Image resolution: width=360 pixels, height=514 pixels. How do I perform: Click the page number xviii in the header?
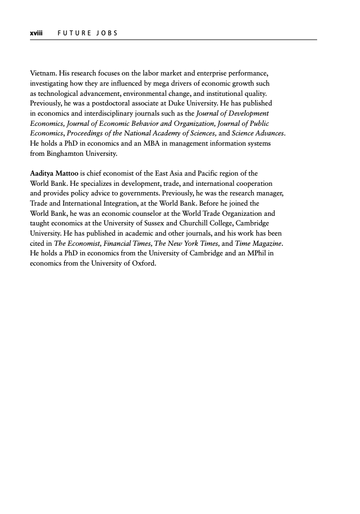[36, 33]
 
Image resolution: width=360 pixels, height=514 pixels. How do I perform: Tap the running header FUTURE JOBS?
[85, 33]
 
